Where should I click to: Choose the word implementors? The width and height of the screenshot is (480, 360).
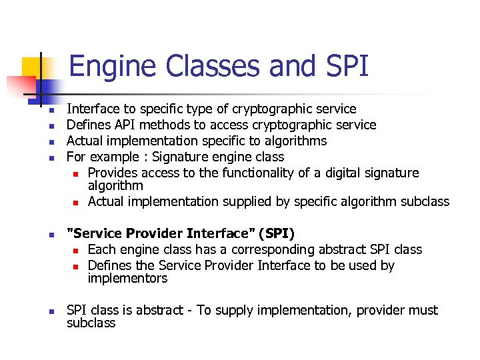(128, 279)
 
